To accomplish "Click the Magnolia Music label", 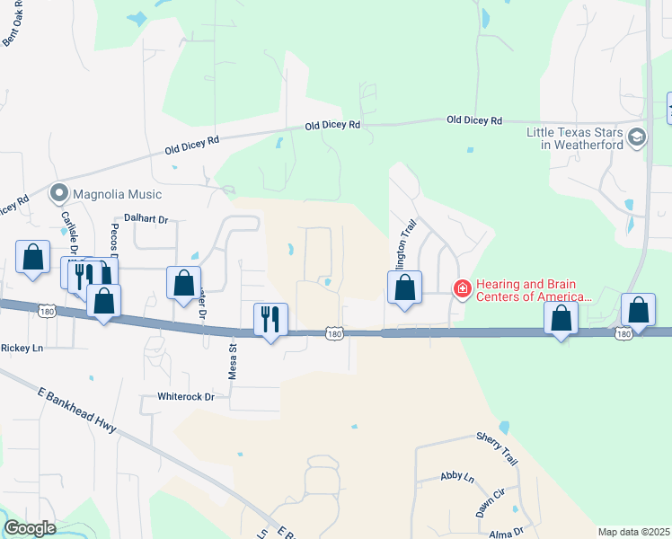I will (119, 194).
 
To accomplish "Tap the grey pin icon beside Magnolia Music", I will (60, 193).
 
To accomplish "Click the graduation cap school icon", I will (637, 137).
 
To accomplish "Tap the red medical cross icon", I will (462, 288).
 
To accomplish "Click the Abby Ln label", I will (457, 477).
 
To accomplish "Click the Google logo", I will (31, 527).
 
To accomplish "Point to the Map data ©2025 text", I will (633, 532).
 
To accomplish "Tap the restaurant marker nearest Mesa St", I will (270, 320).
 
